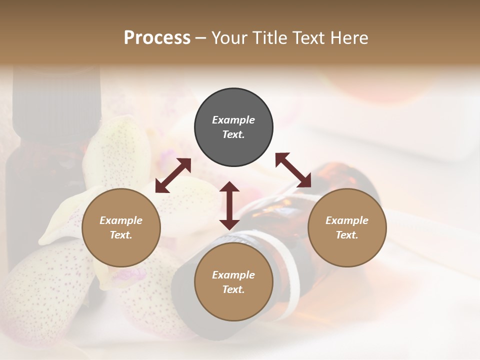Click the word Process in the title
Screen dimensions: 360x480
click(x=157, y=38)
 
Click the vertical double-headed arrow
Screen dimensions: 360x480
click(x=229, y=205)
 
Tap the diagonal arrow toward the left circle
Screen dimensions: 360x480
click(x=173, y=175)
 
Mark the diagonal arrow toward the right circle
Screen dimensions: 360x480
click(x=293, y=170)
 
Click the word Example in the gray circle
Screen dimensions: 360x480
click(x=233, y=120)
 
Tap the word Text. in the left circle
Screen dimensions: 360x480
click(x=121, y=235)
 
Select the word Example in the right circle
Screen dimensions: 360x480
click(x=347, y=220)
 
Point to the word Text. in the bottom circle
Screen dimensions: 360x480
click(x=233, y=289)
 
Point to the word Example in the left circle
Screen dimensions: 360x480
click(x=121, y=220)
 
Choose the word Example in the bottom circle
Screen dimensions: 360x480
click(x=233, y=275)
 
